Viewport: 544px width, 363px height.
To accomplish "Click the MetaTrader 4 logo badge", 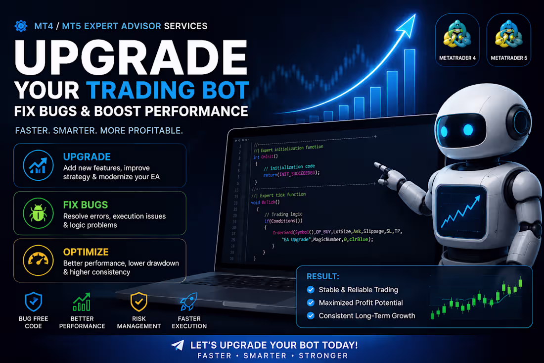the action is [457, 40].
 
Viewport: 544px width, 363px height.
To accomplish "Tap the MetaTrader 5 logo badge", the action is [508, 40].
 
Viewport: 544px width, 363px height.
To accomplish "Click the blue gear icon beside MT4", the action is [21, 26].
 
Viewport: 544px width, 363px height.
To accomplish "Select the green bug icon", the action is [38, 213].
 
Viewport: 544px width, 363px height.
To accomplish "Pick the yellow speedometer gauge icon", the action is [38, 260].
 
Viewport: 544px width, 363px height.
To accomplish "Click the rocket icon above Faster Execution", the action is [189, 302].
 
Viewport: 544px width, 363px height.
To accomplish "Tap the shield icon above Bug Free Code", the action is [33, 302].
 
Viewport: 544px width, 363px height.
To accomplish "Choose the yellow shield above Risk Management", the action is [139, 302].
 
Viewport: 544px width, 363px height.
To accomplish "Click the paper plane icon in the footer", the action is [178, 345].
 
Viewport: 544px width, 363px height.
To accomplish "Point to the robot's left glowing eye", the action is [445, 131].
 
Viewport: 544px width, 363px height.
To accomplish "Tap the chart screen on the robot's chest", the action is [461, 212].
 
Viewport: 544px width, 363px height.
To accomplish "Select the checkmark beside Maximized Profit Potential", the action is [311, 303].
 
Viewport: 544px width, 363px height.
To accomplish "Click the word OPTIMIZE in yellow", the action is [86, 252].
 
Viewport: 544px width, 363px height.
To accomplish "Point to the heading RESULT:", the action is [322, 276].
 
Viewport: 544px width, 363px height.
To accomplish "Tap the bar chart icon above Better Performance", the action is [82, 302].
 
